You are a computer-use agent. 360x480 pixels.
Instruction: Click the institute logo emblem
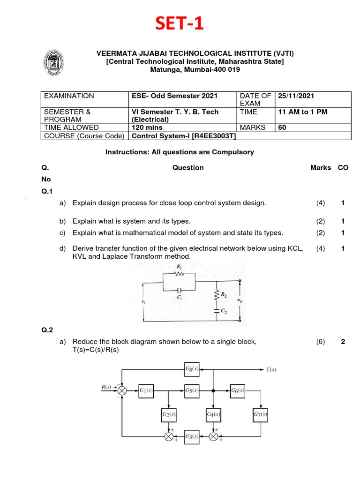pos(54,62)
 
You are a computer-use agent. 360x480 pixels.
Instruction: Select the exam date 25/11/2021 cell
pos(296,96)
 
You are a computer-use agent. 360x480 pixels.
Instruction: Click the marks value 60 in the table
pos(282,127)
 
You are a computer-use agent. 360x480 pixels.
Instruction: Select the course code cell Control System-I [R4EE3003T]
pos(184,136)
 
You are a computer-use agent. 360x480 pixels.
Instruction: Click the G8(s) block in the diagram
pos(191,369)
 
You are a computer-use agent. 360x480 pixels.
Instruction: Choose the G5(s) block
pos(191,390)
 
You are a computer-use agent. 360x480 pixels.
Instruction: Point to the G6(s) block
pos(237,390)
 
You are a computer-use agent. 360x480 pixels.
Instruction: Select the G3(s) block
pos(191,436)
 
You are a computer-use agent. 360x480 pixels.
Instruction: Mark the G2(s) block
pos(169,414)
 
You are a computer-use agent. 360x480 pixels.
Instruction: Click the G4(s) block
pos(214,414)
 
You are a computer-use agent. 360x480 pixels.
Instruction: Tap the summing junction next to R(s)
pos(123,390)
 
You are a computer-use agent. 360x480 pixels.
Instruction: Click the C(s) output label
pos(271,369)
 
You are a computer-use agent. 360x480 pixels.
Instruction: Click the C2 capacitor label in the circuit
pos(224,311)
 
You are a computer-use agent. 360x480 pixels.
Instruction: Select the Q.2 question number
pos(47,330)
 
